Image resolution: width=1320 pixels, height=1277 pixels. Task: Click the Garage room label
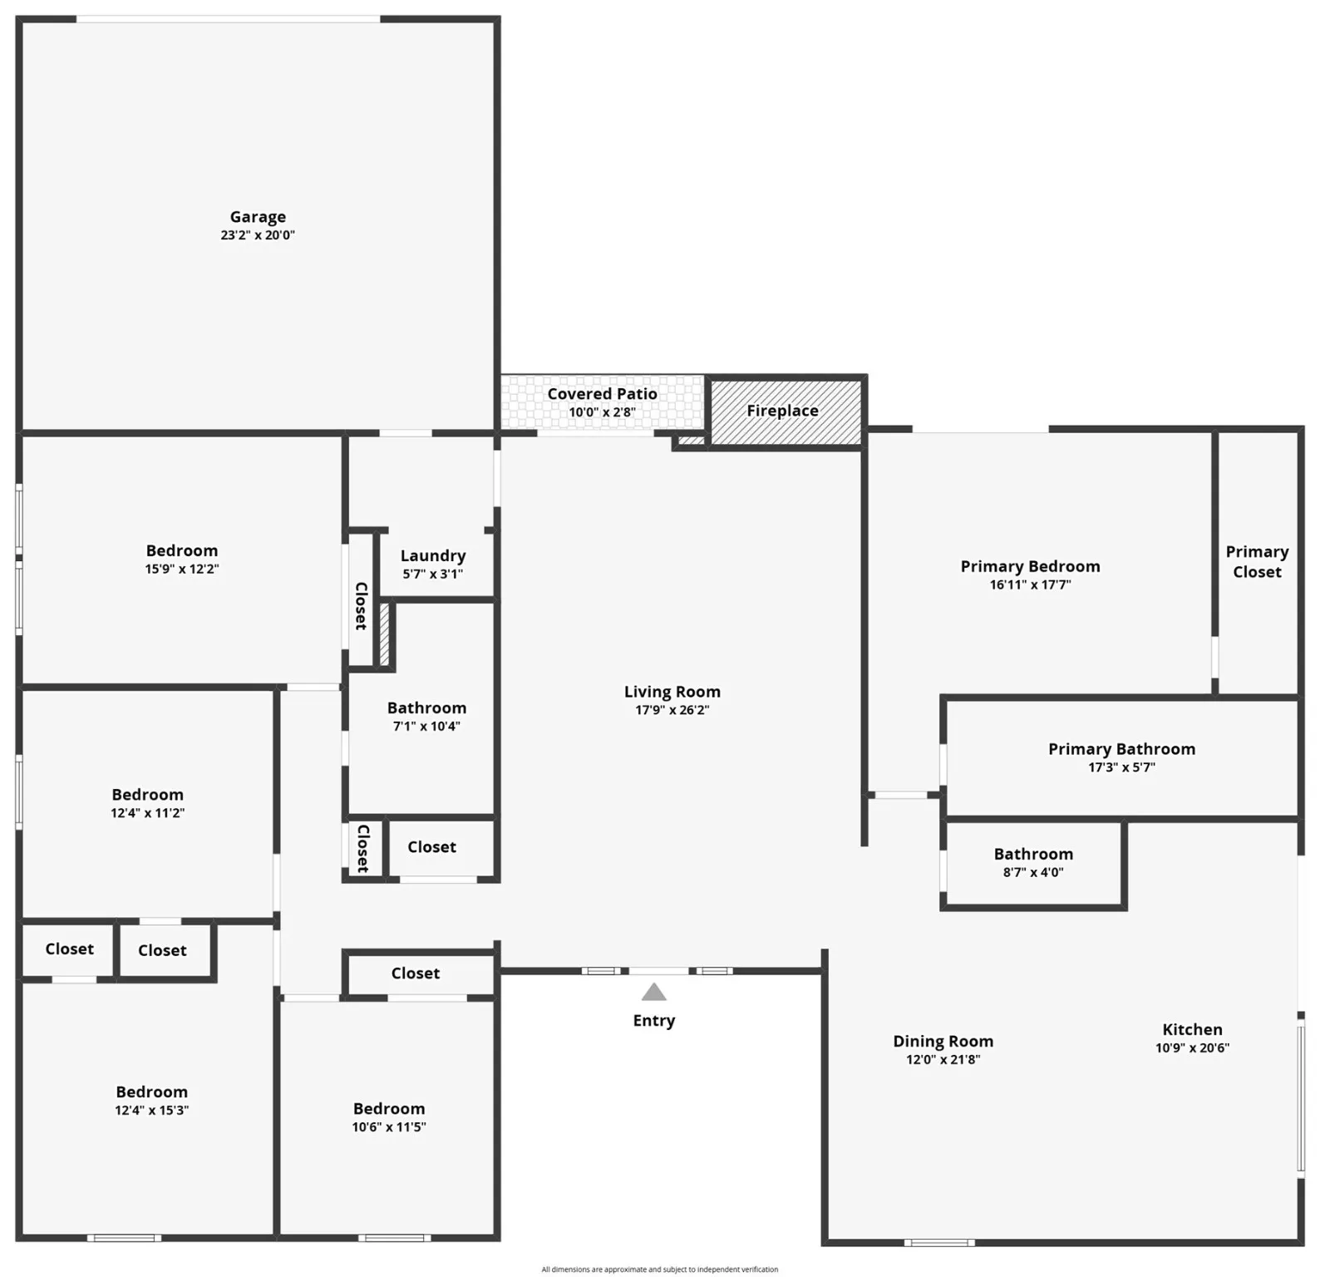click(x=258, y=217)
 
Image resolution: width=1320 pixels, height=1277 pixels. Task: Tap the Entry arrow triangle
click(x=653, y=992)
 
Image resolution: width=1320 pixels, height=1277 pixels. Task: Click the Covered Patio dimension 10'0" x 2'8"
click(x=602, y=412)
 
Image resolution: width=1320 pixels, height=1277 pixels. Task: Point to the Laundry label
click(x=432, y=555)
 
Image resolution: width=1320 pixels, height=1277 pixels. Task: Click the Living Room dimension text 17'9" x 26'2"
click(x=672, y=710)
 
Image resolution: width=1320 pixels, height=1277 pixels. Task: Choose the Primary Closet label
click(x=1256, y=561)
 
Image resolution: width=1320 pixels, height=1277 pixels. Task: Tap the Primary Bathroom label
click(x=1121, y=749)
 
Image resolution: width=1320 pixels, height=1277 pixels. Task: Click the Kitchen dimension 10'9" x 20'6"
click(x=1191, y=1048)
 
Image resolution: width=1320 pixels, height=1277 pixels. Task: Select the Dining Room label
click(x=943, y=1041)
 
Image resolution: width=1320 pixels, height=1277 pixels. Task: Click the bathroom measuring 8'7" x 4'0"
click(x=1032, y=862)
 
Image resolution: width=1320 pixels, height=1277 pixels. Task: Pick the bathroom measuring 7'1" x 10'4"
click(x=426, y=716)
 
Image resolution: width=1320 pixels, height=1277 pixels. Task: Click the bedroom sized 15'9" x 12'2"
click(x=182, y=559)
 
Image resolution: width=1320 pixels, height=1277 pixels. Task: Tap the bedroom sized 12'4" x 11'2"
click(x=148, y=803)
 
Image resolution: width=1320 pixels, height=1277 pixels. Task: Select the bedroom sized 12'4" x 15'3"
click(x=151, y=1100)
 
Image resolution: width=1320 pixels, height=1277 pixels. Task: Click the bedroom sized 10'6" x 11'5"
click(x=388, y=1117)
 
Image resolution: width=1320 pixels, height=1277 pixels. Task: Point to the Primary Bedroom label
click(x=1029, y=566)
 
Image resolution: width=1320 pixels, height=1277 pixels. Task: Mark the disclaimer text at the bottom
click(x=659, y=1270)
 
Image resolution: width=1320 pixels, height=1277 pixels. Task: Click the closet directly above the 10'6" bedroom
click(x=415, y=973)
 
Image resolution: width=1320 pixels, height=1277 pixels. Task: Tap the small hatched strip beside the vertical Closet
click(x=384, y=634)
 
